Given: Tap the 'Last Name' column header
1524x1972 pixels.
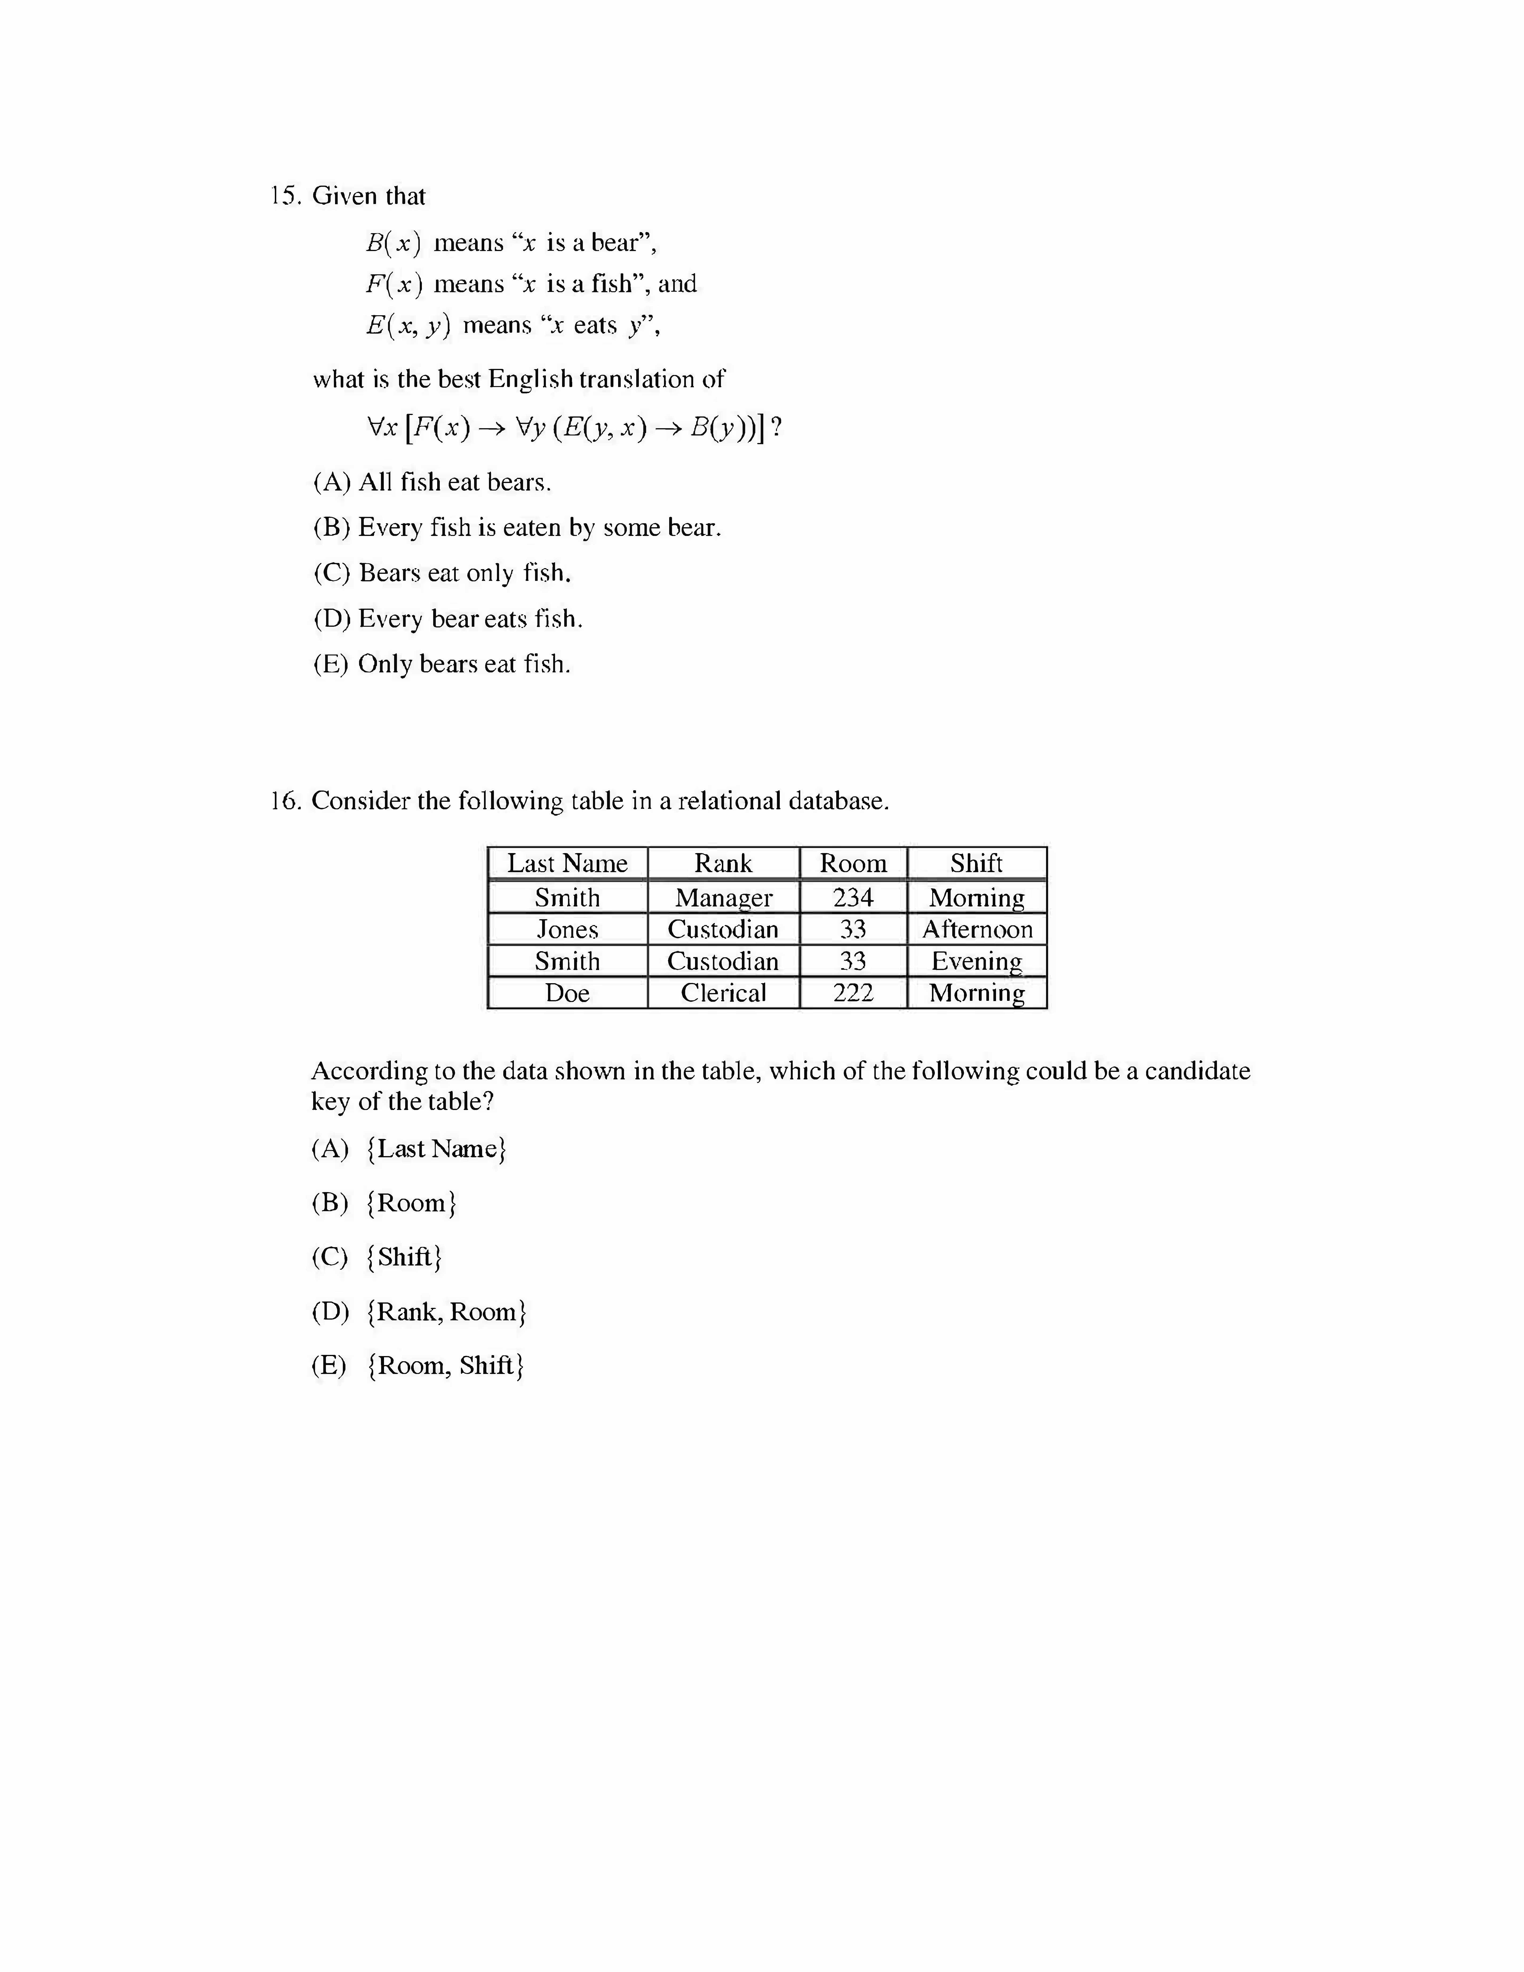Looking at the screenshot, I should pyautogui.click(x=567, y=863).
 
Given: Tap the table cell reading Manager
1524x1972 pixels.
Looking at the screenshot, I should pyautogui.click(x=723, y=898).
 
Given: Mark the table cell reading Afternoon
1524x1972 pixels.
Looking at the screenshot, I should pyautogui.click(x=977, y=929).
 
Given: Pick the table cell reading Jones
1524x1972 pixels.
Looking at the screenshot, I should pyautogui.click(x=567, y=929).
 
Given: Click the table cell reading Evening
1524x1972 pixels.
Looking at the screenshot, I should pyautogui.click(x=977, y=961).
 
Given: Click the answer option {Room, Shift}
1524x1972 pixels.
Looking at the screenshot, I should pyautogui.click(x=446, y=1365).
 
